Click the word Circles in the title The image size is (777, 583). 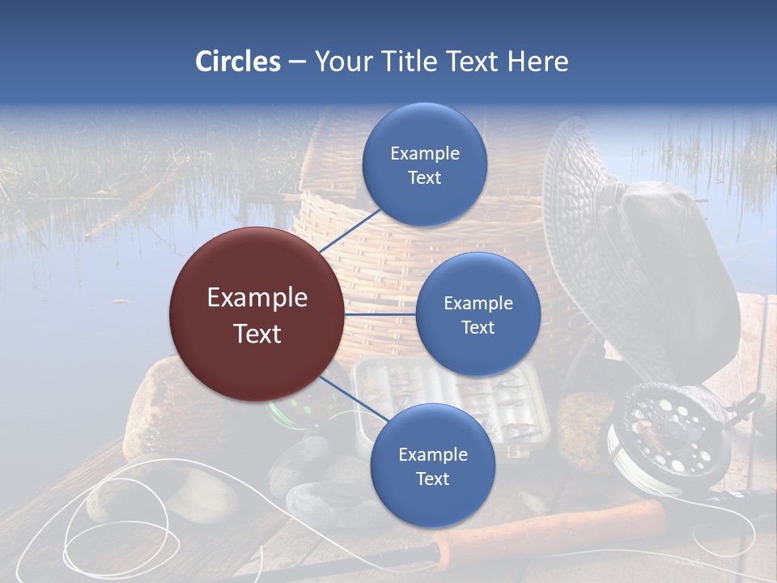(x=238, y=62)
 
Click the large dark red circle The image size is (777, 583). (x=257, y=315)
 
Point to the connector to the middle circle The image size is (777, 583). (x=380, y=313)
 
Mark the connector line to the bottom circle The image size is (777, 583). (x=353, y=398)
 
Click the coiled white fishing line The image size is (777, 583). (x=121, y=518)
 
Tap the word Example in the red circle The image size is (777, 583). (x=257, y=298)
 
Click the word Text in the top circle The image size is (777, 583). (x=425, y=178)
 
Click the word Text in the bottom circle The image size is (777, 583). (x=432, y=479)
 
